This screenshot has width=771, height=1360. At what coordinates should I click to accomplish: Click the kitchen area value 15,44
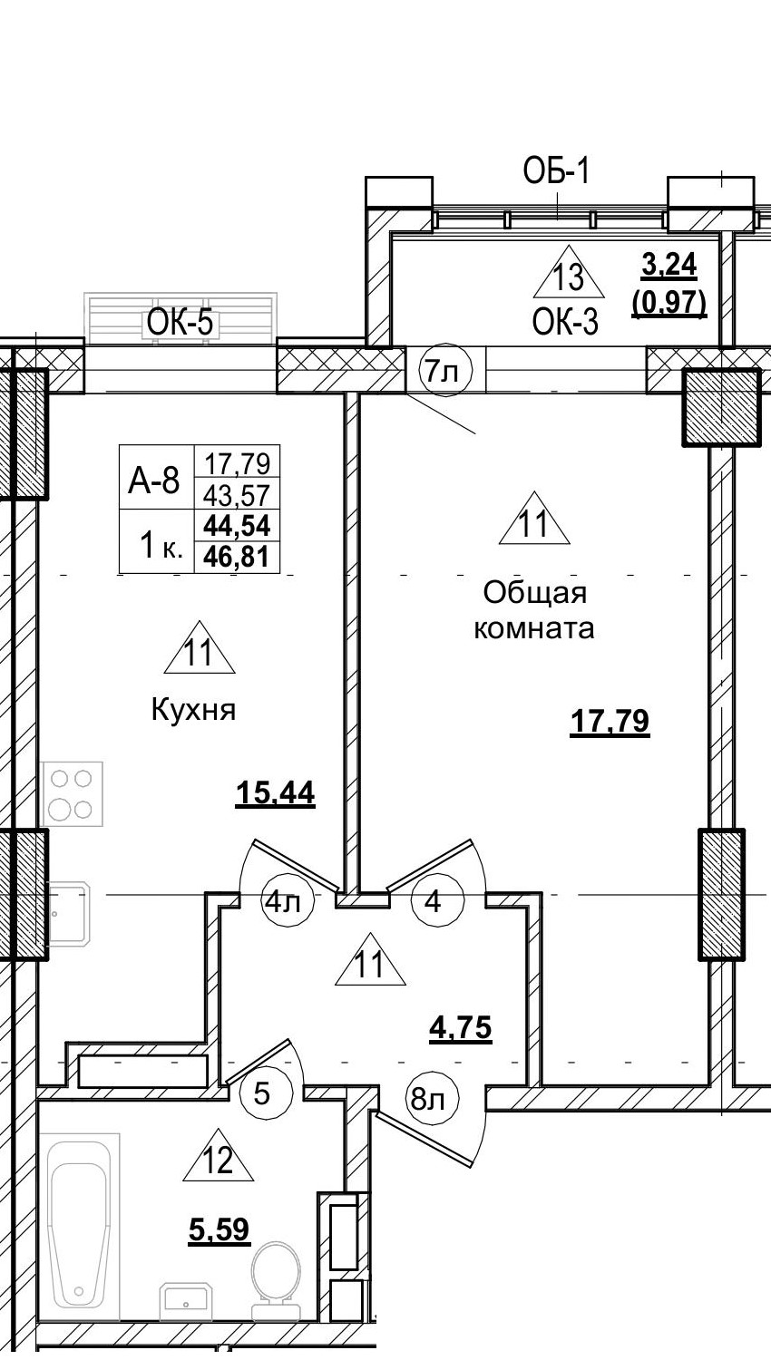click(275, 793)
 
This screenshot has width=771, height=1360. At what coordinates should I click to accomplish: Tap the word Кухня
click(193, 710)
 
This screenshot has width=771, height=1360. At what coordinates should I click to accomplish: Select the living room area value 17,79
click(610, 723)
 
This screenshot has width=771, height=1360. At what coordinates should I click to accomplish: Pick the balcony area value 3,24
click(669, 265)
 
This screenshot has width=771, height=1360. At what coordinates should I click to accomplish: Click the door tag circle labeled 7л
click(444, 371)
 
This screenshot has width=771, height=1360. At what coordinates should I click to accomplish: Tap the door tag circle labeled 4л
click(288, 902)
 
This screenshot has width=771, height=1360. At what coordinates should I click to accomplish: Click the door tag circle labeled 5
click(262, 1093)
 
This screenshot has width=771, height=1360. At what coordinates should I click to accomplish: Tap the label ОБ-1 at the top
click(556, 171)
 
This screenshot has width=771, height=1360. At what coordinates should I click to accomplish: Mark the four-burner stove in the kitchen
click(72, 794)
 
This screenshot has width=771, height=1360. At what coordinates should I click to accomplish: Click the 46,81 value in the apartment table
click(239, 556)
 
